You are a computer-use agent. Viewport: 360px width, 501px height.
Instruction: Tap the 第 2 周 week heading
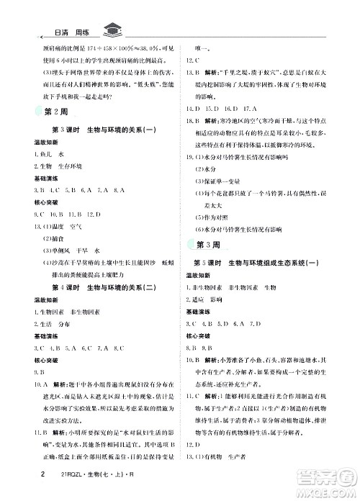click(x=55, y=110)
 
